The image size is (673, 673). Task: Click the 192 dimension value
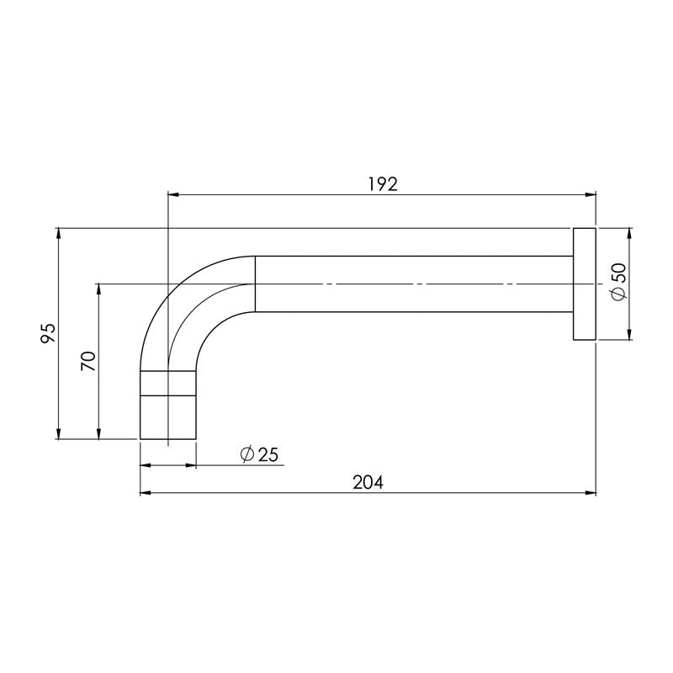pos(383,184)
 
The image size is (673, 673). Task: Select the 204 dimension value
pos(368,483)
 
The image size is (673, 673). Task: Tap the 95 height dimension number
pos(48,333)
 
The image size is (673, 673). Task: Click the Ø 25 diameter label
pos(259,454)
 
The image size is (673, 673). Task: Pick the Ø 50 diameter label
pos(619,283)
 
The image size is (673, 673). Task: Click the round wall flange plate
pos(585,284)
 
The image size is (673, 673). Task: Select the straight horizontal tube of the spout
pos(412,284)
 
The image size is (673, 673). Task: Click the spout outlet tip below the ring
pos(168,416)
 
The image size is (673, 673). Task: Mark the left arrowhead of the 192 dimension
pos(172,195)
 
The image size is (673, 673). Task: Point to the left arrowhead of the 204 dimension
pos(144,492)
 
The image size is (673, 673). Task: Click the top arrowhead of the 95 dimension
pos(58,231)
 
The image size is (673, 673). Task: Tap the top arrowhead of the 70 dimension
pos(99,288)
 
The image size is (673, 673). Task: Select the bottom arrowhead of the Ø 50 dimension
pos(629,336)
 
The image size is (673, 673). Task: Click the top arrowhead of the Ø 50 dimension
pos(629,231)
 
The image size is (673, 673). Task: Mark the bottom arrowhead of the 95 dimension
pos(58,435)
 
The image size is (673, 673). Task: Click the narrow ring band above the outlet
pos(168,382)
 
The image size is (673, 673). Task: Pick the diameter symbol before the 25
pos(247,454)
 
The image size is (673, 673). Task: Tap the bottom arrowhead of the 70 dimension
pos(99,435)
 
